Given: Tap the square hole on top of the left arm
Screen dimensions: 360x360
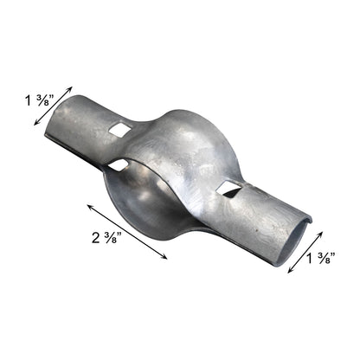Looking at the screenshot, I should [x=119, y=130].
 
